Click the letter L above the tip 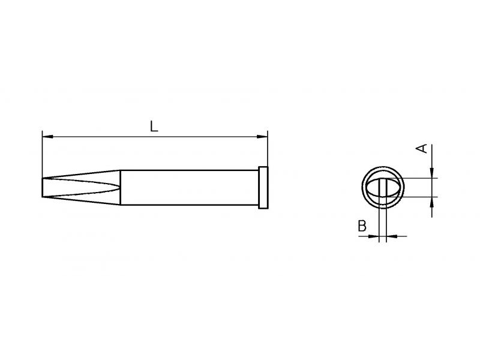(154, 127)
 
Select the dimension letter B (362, 226)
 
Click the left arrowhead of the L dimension (48, 137)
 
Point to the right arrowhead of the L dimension (262, 137)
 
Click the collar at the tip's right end (263, 188)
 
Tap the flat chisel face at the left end (42, 187)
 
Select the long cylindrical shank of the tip (190, 187)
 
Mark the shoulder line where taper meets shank (121, 187)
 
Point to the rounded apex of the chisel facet (118, 187)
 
